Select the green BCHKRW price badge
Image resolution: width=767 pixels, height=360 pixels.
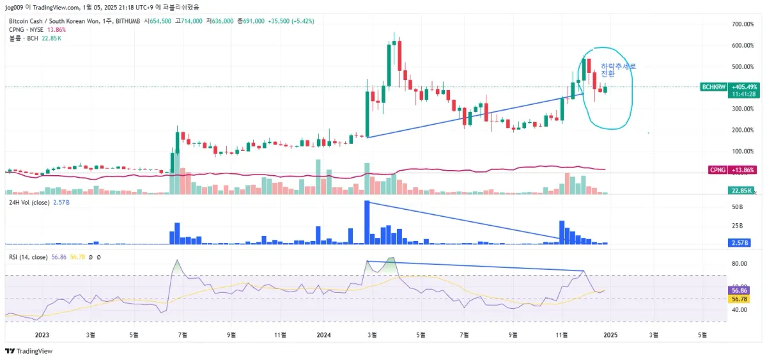(x=713, y=86)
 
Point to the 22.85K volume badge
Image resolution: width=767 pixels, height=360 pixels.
(x=741, y=191)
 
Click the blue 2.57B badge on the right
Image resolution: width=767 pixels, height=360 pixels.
(x=741, y=243)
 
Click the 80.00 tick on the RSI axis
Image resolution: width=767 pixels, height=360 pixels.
(x=739, y=263)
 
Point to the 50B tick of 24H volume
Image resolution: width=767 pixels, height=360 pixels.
(x=737, y=207)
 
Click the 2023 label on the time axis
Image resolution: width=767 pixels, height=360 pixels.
(x=42, y=334)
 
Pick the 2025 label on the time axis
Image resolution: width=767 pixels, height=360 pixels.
(x=610, y=334)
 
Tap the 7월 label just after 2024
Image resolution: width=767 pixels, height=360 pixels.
(x=465, y=334)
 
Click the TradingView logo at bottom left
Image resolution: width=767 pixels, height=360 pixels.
(x=29, y=351)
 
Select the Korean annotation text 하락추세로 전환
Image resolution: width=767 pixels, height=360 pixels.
(x=618, y=70)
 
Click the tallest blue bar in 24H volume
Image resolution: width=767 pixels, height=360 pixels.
(x=367, y=222)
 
